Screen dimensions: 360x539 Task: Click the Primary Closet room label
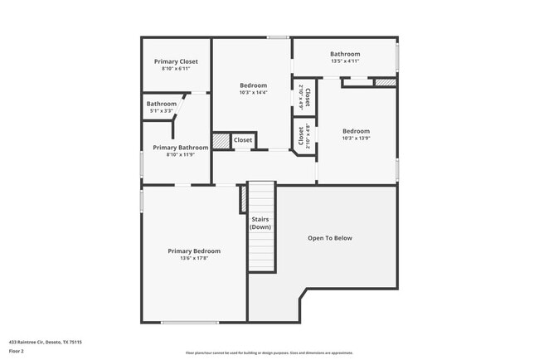176,61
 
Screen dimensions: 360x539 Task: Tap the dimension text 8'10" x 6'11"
176,69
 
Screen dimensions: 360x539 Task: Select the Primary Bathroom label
181,147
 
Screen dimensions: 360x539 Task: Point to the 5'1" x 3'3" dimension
162,111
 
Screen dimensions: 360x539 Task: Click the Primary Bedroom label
194,251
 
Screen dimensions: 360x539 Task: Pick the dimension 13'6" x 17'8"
194,258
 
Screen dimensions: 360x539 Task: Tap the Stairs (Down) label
261,223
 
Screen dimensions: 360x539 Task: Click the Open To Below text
330,238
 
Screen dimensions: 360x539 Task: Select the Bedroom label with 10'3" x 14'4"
253,85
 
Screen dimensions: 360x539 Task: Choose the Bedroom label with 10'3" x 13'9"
356,131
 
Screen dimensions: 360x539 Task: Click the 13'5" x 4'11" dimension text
344,61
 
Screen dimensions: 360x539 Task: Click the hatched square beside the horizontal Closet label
221,141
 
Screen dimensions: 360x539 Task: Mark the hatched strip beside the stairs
244,199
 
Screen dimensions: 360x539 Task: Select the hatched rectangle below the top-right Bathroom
385,82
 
